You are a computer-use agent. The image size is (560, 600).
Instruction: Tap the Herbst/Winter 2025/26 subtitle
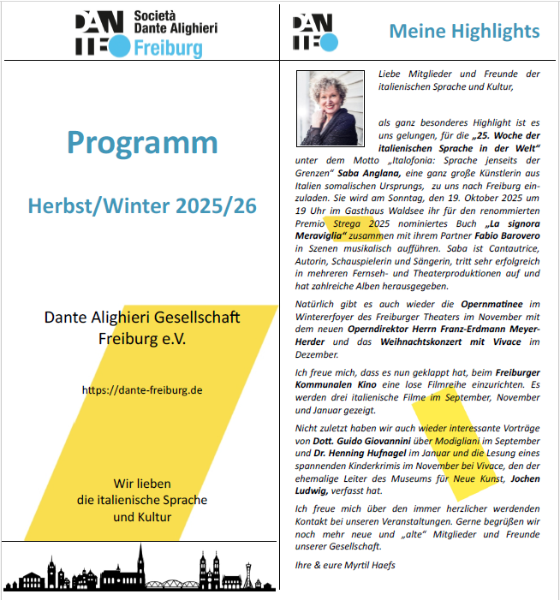coord(141,206)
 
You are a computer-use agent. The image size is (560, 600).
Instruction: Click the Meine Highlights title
coord(464,32)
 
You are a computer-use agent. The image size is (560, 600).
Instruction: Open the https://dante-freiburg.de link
coord(142,389)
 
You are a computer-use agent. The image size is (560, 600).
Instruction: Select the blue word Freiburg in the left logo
coord(169,48)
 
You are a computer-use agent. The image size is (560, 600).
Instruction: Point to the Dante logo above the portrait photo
coord(315,33)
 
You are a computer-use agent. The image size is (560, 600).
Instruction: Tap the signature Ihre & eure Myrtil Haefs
coord(345,565)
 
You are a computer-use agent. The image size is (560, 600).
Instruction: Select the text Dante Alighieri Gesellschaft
coord(142,318)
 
